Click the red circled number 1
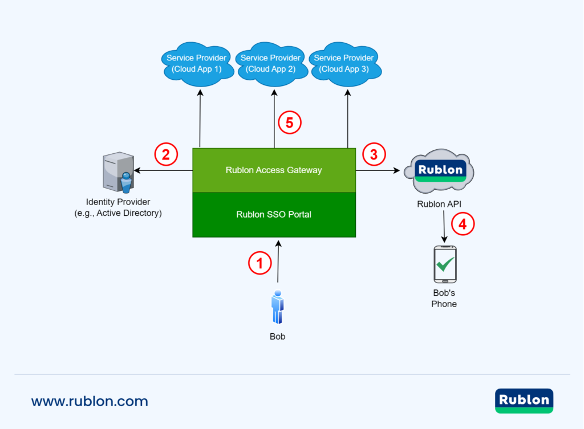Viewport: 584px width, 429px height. [x=260, y=263]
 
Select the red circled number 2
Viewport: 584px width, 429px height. [x=166, y=154]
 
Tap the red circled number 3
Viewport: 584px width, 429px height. [x=374, y=154]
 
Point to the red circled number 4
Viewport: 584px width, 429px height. [x=463, y=224]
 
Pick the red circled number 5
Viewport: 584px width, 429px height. [x=289, y=122]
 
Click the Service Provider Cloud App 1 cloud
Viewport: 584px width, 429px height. [x=197, y=64]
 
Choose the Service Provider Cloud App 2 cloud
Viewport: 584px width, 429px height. [x=270, y=64]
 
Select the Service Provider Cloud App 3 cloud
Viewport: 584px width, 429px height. [x=344, y=64]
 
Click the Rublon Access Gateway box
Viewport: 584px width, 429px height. [x=274, y=170]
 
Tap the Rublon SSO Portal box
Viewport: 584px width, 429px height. [x=274, y=215]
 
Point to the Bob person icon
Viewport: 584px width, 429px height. [x=278, y=308]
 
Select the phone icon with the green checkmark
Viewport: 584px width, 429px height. [x=445, y=264]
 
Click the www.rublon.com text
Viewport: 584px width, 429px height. [x=90, y=401]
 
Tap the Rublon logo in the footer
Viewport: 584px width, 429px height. [x=524, y=401]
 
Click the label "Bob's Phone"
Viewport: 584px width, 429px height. [x=444, y=299]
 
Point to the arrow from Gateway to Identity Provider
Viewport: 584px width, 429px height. [x=162, y=170]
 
